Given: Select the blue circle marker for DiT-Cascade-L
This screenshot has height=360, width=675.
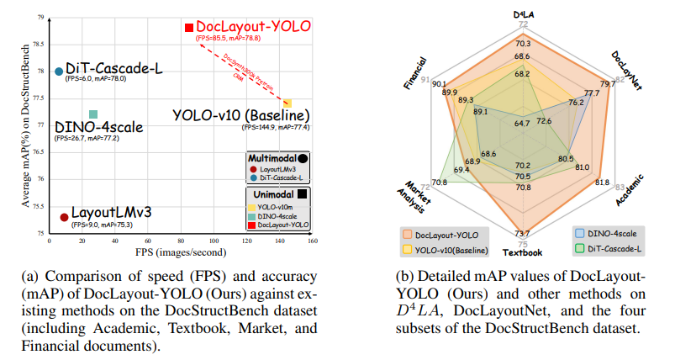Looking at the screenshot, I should (x=58, y=71).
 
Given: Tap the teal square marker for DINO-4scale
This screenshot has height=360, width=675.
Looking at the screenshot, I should (x=93, y=114).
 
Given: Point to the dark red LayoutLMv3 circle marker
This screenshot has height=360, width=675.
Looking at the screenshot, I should (x=64, y=216).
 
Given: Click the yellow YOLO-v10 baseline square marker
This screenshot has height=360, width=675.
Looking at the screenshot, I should (x=287, y=103).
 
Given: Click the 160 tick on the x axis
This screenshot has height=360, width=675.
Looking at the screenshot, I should (x=313, y=241).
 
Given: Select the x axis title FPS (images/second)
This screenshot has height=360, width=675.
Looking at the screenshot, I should (x=181, y=251).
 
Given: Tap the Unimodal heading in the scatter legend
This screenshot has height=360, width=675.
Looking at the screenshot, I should (x=271, y=193).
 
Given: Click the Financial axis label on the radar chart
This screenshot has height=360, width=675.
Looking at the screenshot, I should (x=417, y=74).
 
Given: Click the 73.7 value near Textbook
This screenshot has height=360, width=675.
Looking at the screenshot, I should (x=522, y=233).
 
